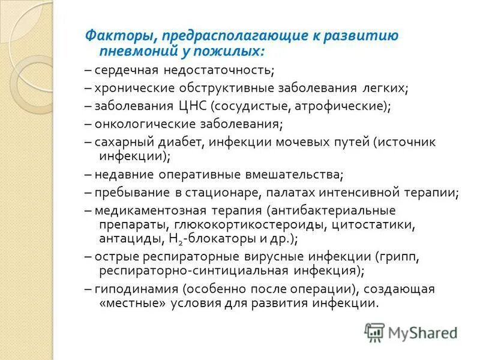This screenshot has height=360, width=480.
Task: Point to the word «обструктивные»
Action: point(226,89)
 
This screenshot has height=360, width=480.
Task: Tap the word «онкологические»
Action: point(136,125)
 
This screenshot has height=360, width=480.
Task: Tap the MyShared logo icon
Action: point(375,332)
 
